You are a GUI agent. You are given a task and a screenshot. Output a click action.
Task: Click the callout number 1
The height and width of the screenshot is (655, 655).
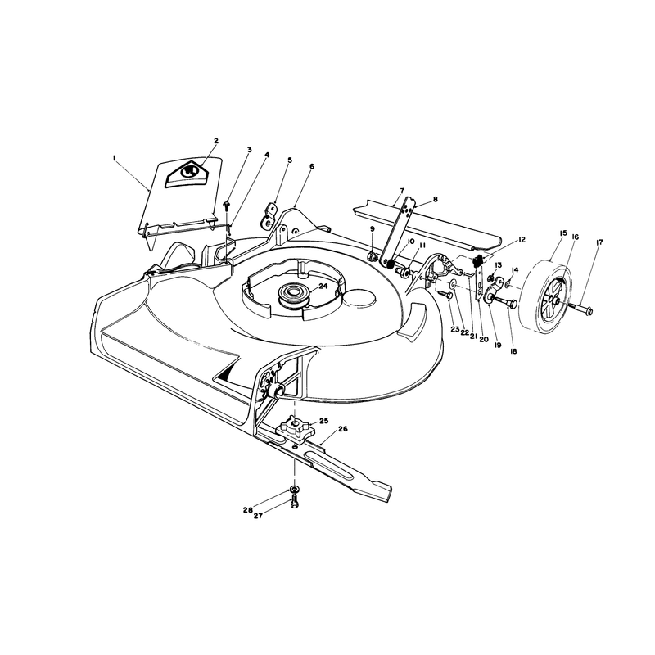click(x=113, y=157)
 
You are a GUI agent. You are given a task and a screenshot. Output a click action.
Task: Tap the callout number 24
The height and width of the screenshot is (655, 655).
click(x=323, y=286)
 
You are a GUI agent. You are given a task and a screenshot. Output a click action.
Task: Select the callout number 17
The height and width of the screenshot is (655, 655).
click(x=600, y=242)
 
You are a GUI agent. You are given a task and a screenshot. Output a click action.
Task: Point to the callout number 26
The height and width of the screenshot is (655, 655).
click(x=343, y=428)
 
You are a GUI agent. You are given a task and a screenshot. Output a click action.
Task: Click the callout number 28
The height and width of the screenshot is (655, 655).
click(x=248, y=510)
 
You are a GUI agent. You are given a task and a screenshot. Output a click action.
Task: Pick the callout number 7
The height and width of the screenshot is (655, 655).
click(x=402, y=191)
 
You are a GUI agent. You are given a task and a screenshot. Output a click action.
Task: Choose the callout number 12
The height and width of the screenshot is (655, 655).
click(x=522, y=240)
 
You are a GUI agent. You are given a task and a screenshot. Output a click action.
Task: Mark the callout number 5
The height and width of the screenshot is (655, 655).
click(x=290, y=160)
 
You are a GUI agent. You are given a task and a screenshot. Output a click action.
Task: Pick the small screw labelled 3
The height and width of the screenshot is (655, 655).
click(x=228, y=206)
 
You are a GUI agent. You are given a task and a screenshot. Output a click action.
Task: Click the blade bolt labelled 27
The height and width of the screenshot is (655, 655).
click(x=294, y=503)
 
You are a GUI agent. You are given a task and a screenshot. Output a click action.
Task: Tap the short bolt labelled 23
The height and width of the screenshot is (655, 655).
click(x=445, y=295)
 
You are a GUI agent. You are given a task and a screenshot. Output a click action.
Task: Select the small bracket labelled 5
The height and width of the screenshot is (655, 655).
click(x=269, y=215)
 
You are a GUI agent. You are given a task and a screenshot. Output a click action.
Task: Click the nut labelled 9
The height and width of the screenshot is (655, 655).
click(x=372, y=255)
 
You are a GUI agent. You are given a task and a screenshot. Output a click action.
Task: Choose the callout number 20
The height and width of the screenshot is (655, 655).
click(x=483, y=340)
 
